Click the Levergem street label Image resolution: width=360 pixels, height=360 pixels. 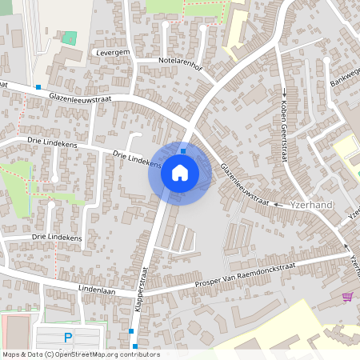112,51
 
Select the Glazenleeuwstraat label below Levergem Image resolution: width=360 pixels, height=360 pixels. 91,98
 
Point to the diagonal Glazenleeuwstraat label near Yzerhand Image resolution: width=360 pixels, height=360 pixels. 245,183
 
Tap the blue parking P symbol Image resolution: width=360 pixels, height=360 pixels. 68,338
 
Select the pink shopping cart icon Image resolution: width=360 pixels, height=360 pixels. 346,297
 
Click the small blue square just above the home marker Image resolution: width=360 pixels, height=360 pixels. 183,150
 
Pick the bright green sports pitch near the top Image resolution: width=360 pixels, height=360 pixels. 70,38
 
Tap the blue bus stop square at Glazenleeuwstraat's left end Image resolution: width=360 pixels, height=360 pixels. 38,86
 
